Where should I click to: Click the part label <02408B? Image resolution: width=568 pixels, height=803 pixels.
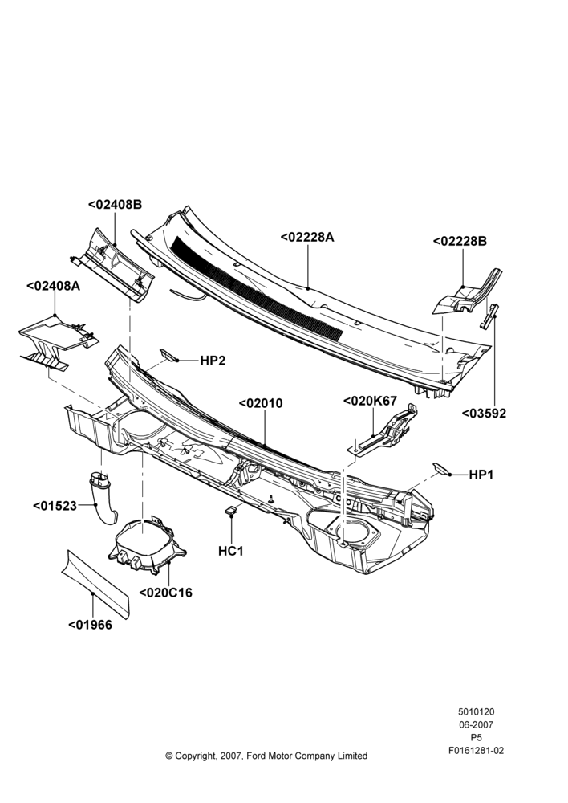[116, 204]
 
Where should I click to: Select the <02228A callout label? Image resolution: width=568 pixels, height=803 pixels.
[307, 237]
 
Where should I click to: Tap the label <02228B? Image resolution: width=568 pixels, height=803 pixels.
[460, 241]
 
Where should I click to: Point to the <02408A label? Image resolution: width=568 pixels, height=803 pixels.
[53, 286]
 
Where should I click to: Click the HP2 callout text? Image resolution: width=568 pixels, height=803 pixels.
[213, 361]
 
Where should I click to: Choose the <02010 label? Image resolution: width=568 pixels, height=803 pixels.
[261, 404]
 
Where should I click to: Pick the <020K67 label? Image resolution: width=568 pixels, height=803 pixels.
[370, 401]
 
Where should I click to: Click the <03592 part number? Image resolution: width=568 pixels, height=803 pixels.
[484, 414]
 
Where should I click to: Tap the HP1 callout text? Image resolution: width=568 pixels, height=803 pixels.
[481, 475]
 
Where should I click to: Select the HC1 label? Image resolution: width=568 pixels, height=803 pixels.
[231, 551]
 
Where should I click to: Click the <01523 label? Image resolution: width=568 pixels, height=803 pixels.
[55, 506]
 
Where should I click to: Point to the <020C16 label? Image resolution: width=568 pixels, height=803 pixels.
[166, 593]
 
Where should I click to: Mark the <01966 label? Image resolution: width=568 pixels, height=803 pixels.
[90, 625]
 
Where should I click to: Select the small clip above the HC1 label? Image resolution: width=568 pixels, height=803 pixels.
[231, 510]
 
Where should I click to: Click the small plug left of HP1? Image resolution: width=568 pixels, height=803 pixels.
[440, 468]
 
